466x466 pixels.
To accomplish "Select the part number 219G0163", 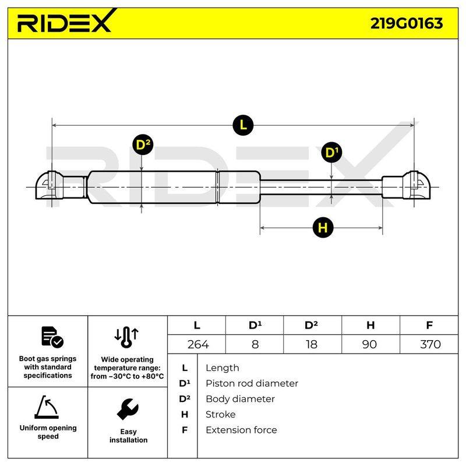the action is (407, 23).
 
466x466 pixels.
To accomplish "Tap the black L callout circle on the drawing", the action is (243, 125).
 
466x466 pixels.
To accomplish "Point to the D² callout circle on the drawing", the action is (143, 144).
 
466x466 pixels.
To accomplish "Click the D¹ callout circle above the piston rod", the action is (331, 152).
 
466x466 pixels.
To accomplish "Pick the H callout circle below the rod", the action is (323, 228).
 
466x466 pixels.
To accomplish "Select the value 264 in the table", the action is (198, 344).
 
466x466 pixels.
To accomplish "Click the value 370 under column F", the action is (430, 344).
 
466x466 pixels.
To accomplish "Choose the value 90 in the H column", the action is (369, 344).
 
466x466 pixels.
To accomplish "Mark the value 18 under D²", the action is (312, 344).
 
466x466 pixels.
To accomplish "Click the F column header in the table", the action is (429, 325).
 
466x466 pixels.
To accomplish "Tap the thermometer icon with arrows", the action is (126, 337).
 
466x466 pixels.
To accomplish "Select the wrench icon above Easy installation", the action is (128, 409).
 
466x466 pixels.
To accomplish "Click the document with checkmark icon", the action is (52, 337).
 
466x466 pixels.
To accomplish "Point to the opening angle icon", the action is (47, 407).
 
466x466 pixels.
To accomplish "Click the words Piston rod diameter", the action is (252, 383).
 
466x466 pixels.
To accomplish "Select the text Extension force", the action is (241, 430).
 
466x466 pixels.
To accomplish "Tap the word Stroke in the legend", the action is (221, 414).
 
